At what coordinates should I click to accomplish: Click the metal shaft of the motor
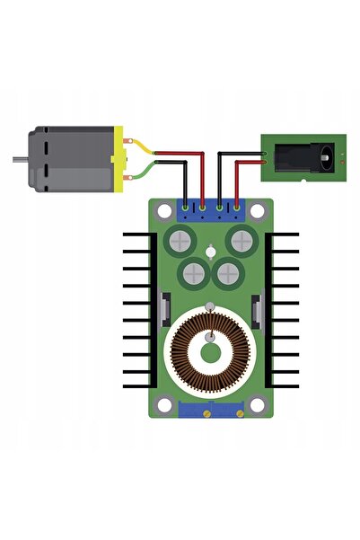click(x=19, y=160)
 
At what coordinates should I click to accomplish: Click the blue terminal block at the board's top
click(x=211, y=211)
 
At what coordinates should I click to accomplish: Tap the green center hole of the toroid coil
click(x=210, y=350)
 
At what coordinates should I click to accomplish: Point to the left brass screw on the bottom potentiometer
click(x=206, y=413)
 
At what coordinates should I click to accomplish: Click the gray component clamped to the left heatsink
click(x=164, y=308)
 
